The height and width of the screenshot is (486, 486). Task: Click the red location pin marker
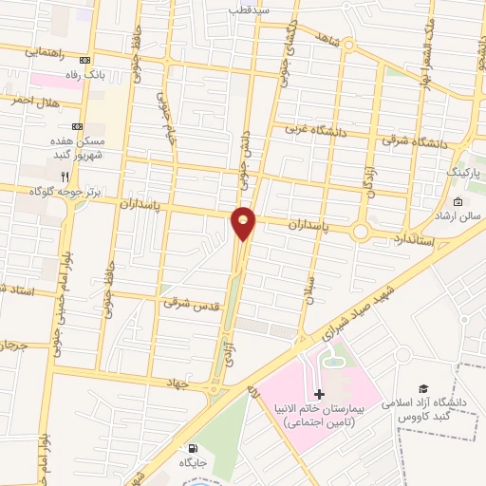(x=244, y=224)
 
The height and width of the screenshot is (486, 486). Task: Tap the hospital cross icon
(x=319, y=394)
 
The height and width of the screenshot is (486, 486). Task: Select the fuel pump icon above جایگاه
(x=196, y=448)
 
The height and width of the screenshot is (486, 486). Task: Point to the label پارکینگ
(x=464, y=175)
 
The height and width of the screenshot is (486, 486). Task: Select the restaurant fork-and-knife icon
(x=65, y=176)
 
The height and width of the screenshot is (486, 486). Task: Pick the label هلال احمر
(x=35, y=100)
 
